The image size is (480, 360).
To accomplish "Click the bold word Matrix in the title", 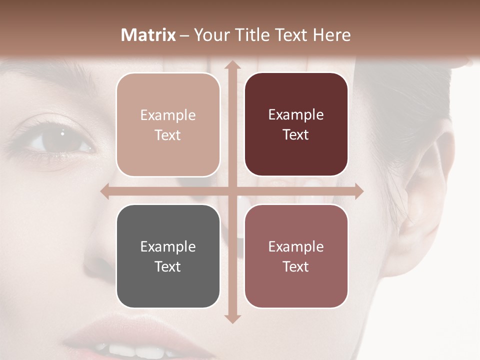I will click(148, 35).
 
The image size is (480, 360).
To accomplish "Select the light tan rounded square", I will click(168, 124).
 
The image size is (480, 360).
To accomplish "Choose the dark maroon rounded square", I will click(296, 124).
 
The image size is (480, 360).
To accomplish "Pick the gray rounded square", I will click(168, 256).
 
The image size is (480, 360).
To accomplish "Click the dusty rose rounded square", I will click(296, 256).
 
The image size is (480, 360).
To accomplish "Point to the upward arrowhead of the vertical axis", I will click(232, 65).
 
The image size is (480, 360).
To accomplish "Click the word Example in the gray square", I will click(168, 246).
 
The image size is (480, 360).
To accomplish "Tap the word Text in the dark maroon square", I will click(296, 134).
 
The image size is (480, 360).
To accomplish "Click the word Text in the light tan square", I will click(168, 135).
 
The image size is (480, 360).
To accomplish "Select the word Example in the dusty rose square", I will click(296, 246).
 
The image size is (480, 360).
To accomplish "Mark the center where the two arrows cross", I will click(232, 191).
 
